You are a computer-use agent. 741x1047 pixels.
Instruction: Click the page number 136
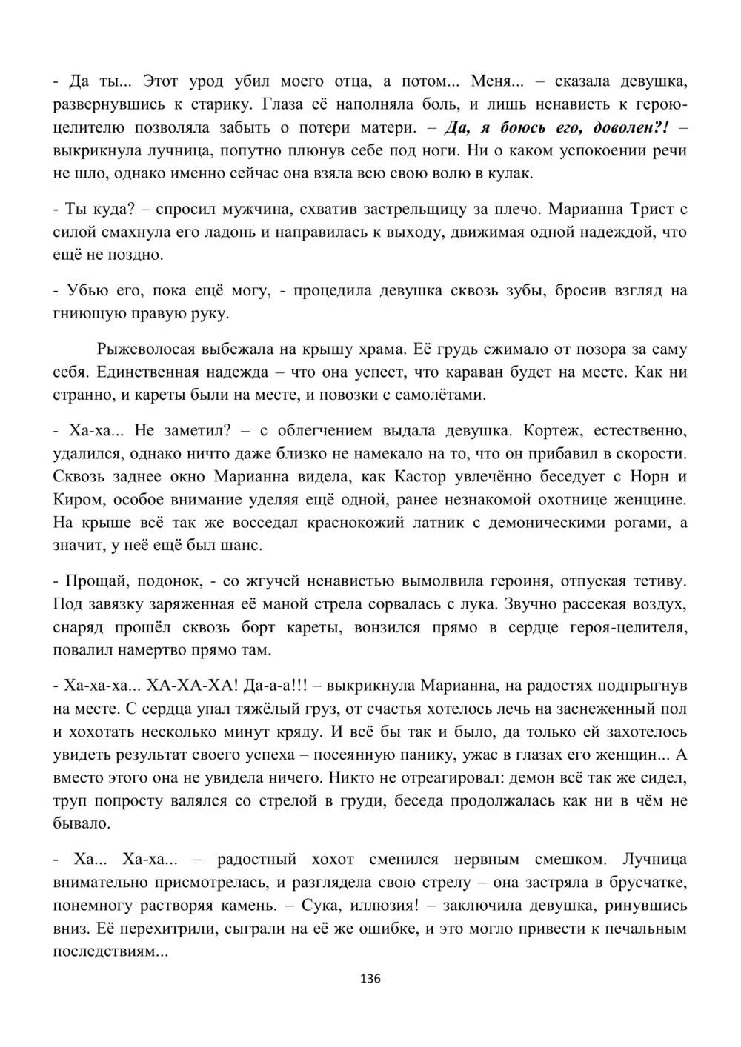[370, 979]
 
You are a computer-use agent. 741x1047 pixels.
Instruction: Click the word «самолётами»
[443, 395]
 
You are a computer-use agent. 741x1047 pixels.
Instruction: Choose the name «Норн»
[651, 476]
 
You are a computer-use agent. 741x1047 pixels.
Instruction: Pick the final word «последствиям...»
[111, 951]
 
